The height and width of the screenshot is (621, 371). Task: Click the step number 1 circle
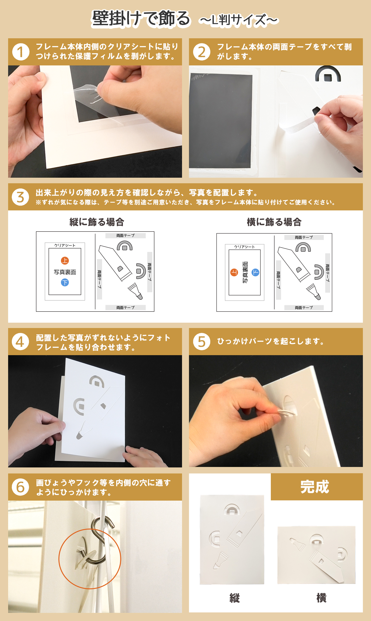21,52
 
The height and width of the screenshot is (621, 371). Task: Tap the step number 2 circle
201,52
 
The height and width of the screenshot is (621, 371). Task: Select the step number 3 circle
20,197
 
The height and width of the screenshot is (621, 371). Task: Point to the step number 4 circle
20,342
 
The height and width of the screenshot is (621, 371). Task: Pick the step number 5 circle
201,342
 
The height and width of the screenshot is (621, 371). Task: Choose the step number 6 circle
20,487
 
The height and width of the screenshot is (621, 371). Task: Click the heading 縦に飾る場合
97,222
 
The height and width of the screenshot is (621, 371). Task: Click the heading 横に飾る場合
274,222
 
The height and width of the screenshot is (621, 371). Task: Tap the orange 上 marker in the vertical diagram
65,261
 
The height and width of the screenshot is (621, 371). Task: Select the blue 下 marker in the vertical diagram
65,283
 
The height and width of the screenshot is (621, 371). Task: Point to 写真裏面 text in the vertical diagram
65,272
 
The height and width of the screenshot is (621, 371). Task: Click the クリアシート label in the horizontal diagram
244,247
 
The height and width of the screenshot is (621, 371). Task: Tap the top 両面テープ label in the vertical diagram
125,236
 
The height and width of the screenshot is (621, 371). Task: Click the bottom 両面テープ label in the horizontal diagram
304,308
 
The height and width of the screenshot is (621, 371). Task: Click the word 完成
315,487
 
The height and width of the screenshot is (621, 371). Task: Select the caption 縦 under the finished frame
234,598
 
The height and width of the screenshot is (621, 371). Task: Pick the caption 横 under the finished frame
322,598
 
